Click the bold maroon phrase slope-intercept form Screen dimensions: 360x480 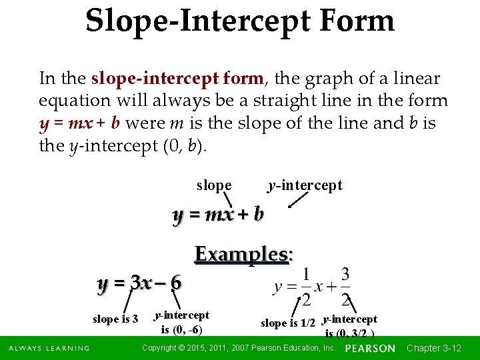[x=177, y=79]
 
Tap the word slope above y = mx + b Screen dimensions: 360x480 [x=214, y=185]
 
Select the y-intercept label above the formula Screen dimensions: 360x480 [x=305, y=185]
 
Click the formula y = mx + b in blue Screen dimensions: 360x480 [x=218, y=215]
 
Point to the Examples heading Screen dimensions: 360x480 [x=244, y=255]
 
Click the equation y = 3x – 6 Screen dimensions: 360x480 [x=139, y=283]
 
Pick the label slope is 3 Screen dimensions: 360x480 [x=115, y=319]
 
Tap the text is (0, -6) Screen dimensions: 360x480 [x=182, y=329]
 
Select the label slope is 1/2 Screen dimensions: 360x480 [x=288, y=323]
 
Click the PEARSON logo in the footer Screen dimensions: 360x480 [x=371, y=349]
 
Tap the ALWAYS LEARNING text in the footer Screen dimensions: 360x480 [x=49, y=349]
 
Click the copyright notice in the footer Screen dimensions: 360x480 [x=239, y=349]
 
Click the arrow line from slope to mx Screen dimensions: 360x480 [x=227, y=199]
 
